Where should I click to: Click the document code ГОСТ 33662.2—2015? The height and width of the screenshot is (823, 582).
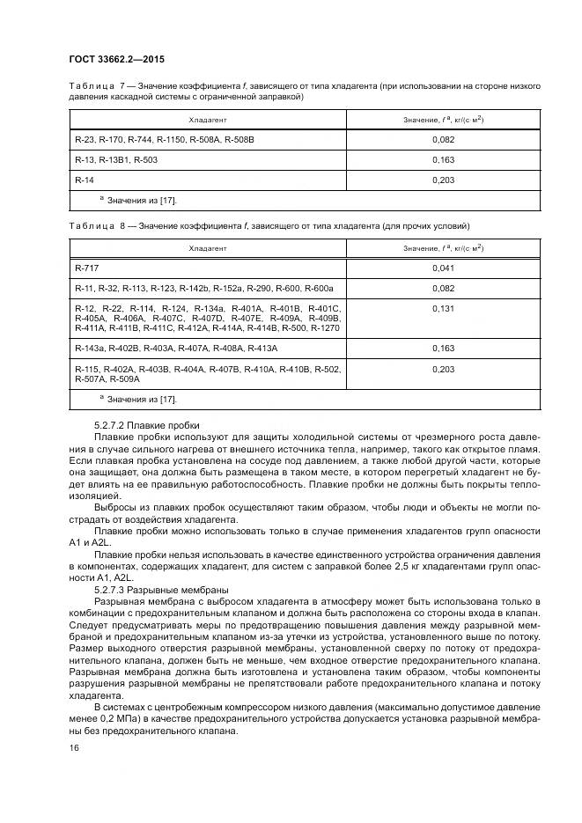[x=116, y=60]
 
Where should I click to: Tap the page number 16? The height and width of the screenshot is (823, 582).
[x=73, y=747]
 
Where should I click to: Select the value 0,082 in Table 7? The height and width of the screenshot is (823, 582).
[x=444, y=140]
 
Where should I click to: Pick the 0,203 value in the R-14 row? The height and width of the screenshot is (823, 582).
[x=444, y=180]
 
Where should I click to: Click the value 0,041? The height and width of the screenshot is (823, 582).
[x=444, y=268]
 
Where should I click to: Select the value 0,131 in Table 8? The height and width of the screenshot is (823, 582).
[x=444, y=309]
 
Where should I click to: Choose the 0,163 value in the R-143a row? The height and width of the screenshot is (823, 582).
[x=444, y=349]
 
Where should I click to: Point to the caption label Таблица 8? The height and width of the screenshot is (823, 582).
[x=94, y=226]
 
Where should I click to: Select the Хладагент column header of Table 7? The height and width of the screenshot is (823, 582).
[x=208, y=119]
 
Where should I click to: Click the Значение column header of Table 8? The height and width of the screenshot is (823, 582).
[x=443, y=248]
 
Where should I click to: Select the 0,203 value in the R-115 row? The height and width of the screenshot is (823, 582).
[x=444, y=370]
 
